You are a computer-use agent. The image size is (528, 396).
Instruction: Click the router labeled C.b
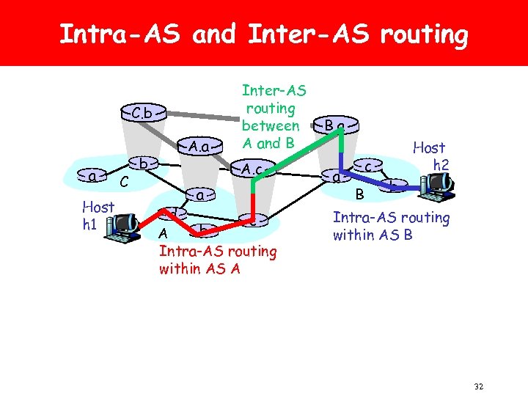(x=142, y=114)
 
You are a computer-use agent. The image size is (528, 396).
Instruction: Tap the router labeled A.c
(x=253, y=169)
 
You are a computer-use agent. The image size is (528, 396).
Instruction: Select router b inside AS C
(x=146, y=162)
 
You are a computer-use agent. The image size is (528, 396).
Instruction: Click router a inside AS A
(x=199, y=195)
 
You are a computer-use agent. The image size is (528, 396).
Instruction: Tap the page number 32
(x=478, y=386)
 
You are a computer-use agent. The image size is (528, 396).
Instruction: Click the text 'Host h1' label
(x=98, y=216)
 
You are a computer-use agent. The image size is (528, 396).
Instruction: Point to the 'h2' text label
(x=440, y=165)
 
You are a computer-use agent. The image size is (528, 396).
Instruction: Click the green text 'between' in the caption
(x=270, y=125)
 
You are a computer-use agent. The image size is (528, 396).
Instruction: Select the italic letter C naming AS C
(x=125, y=181)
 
